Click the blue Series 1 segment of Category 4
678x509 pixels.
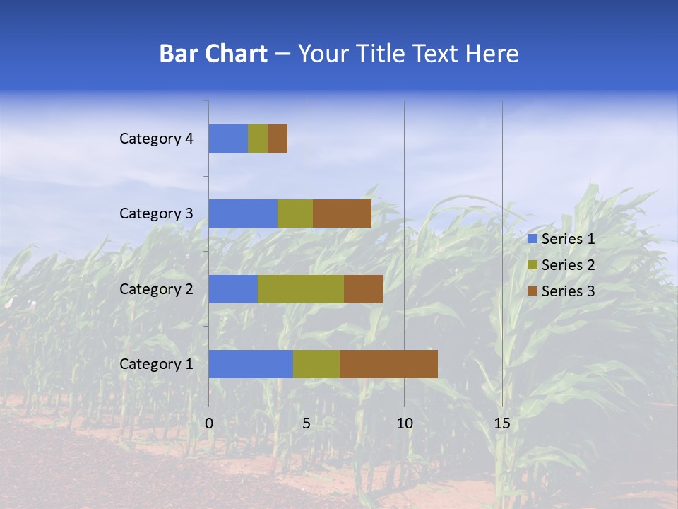(x=228, y=139)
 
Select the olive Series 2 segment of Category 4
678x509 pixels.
(x=258, y=139)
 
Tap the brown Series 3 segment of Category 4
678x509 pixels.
(x=278, y=139)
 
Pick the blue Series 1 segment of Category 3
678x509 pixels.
(x=243, y=213)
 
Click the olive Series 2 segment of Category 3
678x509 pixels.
(x=295, y=213)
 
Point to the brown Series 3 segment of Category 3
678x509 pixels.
(x=342, y=213)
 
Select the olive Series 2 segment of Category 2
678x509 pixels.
(x=301, y=288)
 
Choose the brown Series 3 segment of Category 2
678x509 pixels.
(x=363, y=288)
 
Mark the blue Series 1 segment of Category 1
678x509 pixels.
(x=251, y=363)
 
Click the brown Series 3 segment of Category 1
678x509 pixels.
(x=388, y=363)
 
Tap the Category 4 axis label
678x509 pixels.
(x=156, y=139)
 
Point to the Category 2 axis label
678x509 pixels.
(x=156, y=288)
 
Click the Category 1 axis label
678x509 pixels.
(x=156, y=364)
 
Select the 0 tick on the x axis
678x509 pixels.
(x=209, y=423)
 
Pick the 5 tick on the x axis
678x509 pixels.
(x=307, y=423)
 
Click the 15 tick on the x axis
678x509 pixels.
(x=501, y=423)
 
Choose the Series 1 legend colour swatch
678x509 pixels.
(x=532, y=239)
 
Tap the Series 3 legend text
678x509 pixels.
(x=568, y=291)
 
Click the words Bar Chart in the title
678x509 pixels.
(x=213, y=54)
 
